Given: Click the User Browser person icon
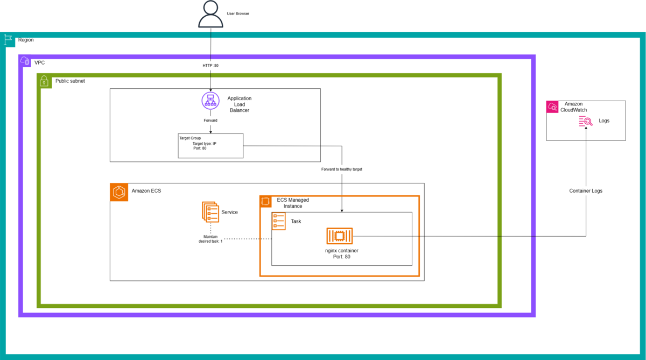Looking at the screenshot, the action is [210, 14].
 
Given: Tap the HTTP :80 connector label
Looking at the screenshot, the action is [210, 66].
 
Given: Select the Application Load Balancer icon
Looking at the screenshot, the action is [210, 101].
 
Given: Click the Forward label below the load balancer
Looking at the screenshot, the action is [210, 121].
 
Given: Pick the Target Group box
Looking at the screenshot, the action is [210, 146].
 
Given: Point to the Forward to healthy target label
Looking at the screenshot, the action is [342, 169].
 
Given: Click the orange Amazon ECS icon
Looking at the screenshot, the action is [119, 192].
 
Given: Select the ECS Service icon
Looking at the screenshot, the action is [210, 212].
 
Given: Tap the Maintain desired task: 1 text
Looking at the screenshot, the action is [210, 239].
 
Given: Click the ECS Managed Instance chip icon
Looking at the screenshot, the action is [265, 201].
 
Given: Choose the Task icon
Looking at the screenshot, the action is [279, 221].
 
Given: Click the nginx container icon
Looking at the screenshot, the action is [340, 236].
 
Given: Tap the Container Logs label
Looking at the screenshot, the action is [586, 191].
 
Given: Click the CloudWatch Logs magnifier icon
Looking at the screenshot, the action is [586, 121].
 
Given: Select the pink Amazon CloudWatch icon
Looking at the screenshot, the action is [552, 107].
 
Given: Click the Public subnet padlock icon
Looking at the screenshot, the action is [44, 81].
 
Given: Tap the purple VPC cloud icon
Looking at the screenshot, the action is [25, 61].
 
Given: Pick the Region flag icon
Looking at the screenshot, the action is [8, 40].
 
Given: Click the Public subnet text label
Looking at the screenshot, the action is [70, 81].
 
